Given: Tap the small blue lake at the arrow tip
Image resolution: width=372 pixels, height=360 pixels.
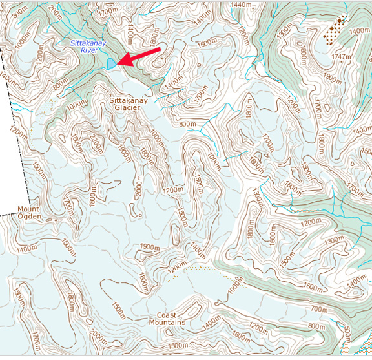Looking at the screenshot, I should click(112, 64).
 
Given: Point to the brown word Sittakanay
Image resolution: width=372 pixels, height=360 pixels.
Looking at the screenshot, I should click(129, 101).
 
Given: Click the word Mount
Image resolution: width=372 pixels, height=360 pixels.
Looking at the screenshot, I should click(28, 209).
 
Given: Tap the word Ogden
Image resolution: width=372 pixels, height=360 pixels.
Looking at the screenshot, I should click(30, 217).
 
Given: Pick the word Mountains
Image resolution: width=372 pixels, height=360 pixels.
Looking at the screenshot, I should click(167, 323).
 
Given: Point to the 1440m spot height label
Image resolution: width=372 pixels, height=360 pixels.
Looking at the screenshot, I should click(240, 5).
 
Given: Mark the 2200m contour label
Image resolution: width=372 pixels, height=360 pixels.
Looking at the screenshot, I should click(95, 140).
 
